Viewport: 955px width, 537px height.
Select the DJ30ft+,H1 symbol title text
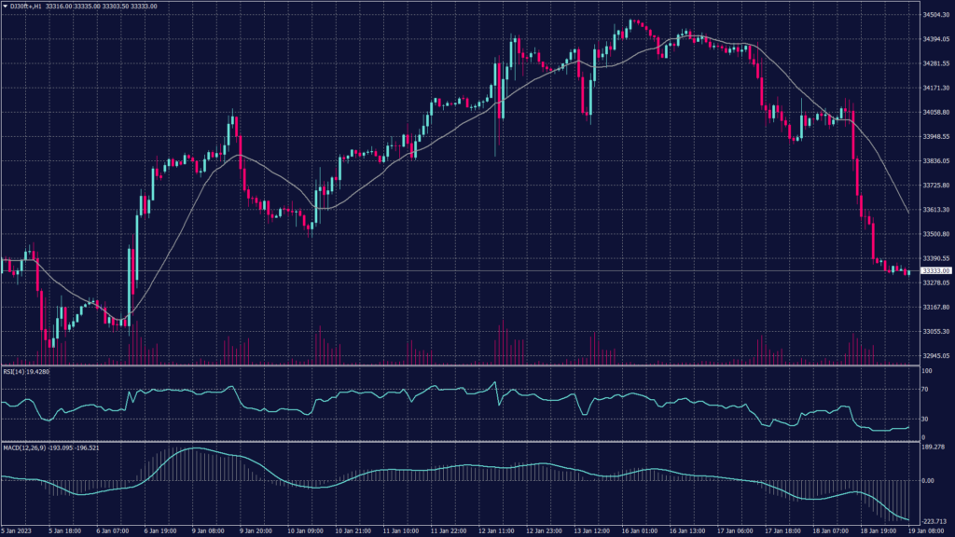33,6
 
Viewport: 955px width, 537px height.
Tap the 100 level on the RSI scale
926,371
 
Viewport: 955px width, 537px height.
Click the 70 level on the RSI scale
925,391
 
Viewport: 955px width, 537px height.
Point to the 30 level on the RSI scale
925,418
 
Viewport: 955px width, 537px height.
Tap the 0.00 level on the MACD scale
928,481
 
